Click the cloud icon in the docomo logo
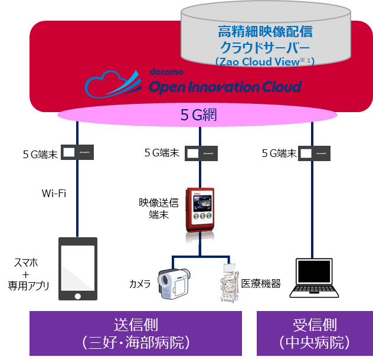[112, 83]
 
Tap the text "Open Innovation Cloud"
[225, 87]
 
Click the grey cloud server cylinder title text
[264, 39]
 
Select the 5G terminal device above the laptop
[313, 153]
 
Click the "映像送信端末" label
[158, 208]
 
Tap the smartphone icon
[78, 269]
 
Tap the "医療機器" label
[261, 283]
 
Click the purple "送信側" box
[136, 333]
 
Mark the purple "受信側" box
[315, 333]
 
